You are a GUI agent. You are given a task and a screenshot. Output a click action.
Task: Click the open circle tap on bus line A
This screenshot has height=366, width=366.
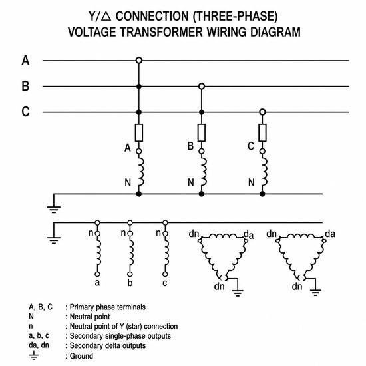[139, 61]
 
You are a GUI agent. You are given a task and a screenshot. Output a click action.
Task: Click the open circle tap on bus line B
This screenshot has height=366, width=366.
[202, 87]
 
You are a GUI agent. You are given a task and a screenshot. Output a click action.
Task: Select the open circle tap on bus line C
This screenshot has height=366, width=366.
[263, 112]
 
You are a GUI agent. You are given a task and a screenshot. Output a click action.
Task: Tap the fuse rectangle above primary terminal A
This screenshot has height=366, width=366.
[139, 133]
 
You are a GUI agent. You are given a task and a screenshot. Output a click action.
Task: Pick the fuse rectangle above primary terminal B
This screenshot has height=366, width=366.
[202, 133]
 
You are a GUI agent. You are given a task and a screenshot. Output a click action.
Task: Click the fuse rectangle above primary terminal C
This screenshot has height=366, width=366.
[263, 133]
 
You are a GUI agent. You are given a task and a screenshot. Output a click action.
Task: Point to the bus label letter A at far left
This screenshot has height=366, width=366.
[25, 60]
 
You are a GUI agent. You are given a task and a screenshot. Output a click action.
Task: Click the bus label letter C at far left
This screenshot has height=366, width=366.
[25, 112]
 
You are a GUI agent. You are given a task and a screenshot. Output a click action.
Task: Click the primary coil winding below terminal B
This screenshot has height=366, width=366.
[203, 172]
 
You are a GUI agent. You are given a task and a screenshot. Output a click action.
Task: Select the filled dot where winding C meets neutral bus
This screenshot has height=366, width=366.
[263, 194]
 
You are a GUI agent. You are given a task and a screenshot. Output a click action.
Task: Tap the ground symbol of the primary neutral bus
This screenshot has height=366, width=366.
[54, 210]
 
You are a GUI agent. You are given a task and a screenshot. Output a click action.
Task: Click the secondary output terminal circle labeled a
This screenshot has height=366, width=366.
[98, 274]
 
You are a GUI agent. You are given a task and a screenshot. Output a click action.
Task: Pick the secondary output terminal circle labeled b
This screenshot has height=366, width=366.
[130, 274]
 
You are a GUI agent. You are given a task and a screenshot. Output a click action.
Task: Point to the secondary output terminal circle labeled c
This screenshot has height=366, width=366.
[165, 274]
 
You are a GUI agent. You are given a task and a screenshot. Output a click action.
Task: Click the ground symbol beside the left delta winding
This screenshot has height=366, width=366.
[238, 293]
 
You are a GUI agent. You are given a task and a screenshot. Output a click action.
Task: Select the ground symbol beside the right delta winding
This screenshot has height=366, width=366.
[315, 293]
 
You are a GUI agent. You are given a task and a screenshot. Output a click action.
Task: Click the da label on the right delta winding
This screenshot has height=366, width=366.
[330, 234]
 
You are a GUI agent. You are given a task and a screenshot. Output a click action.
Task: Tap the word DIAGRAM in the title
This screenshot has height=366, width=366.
[275, 32]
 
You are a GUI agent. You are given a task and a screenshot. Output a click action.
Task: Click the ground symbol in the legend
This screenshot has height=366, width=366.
[34, 355]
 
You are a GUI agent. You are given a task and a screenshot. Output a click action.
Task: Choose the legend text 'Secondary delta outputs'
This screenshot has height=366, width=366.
[108, 345]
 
